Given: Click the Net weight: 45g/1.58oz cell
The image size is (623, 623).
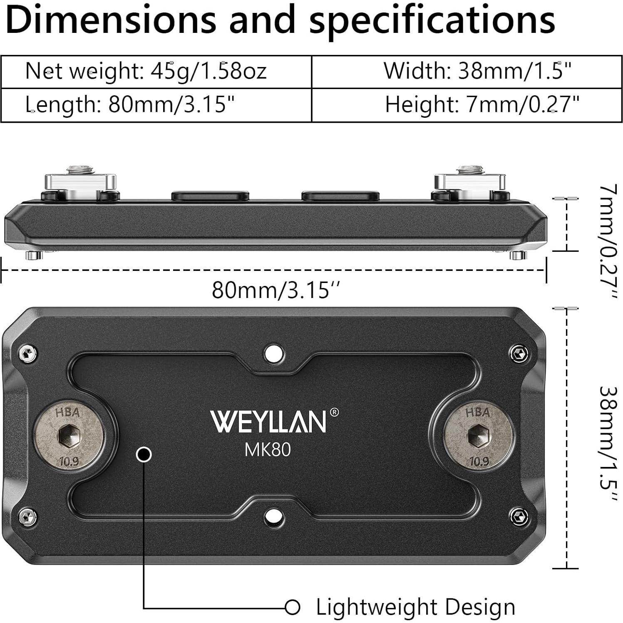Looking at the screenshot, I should coord(146,71).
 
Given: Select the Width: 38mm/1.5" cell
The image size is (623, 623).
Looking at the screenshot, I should coord(477,71).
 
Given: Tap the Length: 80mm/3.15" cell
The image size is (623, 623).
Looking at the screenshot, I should coord(130,105).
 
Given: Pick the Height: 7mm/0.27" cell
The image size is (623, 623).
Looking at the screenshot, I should coord(482,104).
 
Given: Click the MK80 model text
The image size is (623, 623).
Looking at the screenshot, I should coord(267,449).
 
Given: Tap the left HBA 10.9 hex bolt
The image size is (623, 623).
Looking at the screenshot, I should coord(69,437).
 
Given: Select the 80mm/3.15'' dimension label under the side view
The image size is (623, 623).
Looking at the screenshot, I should coord(276,290).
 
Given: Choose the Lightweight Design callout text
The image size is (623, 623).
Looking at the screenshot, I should coord(415,607).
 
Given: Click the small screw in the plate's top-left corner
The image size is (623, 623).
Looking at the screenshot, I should coord(27,354).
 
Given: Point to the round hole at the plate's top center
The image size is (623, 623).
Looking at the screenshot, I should coord(274,354).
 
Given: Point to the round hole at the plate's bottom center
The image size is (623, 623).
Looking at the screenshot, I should coord(274,516).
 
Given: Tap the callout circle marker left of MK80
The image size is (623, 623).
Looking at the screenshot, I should coord(144,454).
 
